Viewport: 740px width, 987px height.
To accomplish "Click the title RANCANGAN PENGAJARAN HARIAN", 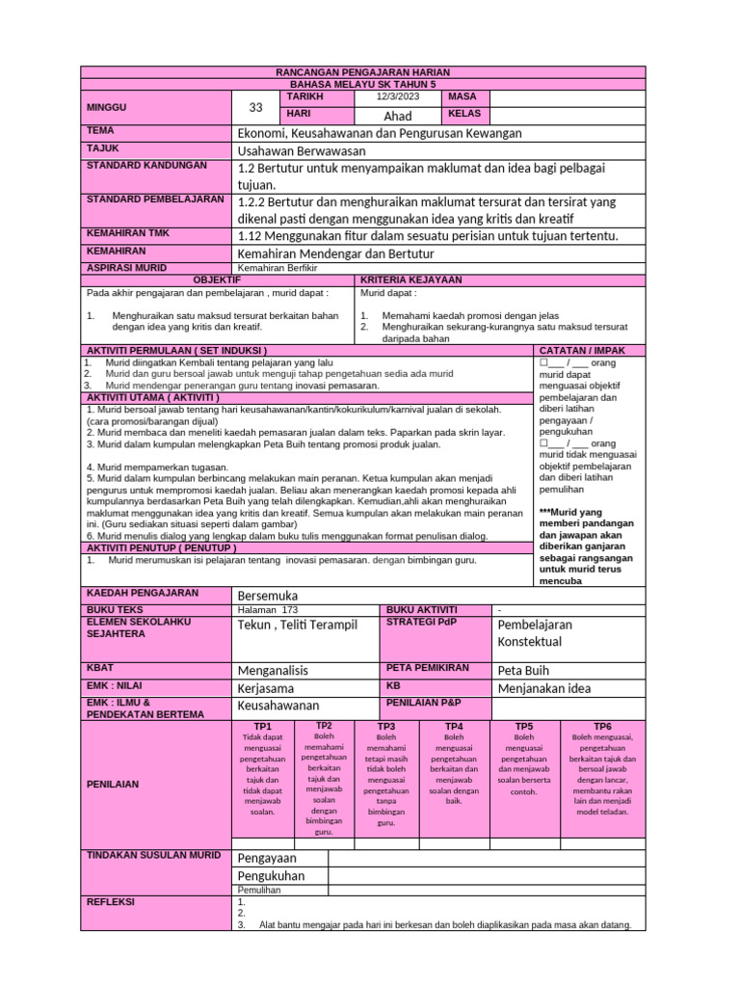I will click(x=363, y=72).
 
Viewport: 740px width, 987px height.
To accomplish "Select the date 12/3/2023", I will click(x=384, y=97).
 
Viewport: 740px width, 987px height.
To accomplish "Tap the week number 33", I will click(x=255, y=107).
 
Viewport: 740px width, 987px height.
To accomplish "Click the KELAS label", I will click(x=463, y=114).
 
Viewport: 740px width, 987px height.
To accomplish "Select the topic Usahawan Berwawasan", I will click(x=302, y=150).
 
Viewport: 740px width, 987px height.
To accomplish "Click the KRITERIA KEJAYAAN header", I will click(x=410, y=280).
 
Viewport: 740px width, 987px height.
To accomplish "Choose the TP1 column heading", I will click(x=262, y=726).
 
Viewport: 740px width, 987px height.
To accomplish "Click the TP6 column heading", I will click(x=602, y=726).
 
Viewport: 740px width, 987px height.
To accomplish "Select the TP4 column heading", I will click(x=454, y=726).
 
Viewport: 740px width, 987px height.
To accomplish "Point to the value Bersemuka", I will click(x=268, y=595).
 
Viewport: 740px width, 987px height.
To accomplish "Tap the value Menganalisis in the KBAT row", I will click(x=274, y=670).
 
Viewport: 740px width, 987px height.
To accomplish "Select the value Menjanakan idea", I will click(x=543, y=688).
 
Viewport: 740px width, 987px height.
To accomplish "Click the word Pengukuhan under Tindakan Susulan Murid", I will click(x=271, y=875).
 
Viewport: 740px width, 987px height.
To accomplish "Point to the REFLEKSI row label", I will click(x=111, y=902).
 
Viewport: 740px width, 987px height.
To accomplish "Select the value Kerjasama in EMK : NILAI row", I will click(x=267, y=688).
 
